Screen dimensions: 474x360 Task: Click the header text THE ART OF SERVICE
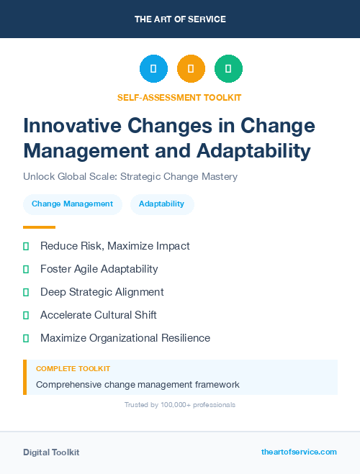pyautogui.click(x=180, y=19)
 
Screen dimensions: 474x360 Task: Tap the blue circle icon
pyautogui.click(x=153, y=69)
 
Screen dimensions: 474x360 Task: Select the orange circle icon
pyautogui.click(x=191, y=69)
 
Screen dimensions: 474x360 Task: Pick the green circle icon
pyautogui.click(x=228, y=69)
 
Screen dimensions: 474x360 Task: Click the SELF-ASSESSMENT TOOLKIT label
pyautogui.click(x=179, y=97)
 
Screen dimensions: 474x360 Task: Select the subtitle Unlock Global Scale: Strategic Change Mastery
pyautogui.click(x=130, y=176)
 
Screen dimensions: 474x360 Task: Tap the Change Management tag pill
pyautogui.click(x=72, y=204)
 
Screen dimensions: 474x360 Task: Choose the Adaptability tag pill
pyautogui.click(x=162, y=204)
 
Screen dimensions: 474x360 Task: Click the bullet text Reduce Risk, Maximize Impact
pyautogui.click(x=115, y=246)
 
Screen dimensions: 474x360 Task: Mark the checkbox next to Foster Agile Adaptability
pyautogui.click(x=26, y=269)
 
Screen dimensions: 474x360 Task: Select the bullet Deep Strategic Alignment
pyautogui.click(x=102, y=292)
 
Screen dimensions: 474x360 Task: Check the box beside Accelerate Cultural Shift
pyautogui.click(x=26, y=315)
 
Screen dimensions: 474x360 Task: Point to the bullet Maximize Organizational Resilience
pyautogui.click(x=125, y=338)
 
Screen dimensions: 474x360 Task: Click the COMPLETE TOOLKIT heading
pyautogui.click(x=73, y=368)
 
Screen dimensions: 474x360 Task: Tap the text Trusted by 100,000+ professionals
pyautogui.click(x=180, y=405)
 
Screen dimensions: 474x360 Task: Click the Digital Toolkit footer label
pyautogui.click(x=51, y=452)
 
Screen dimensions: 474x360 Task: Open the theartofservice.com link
pyautogui.click(x=299, y=452)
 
